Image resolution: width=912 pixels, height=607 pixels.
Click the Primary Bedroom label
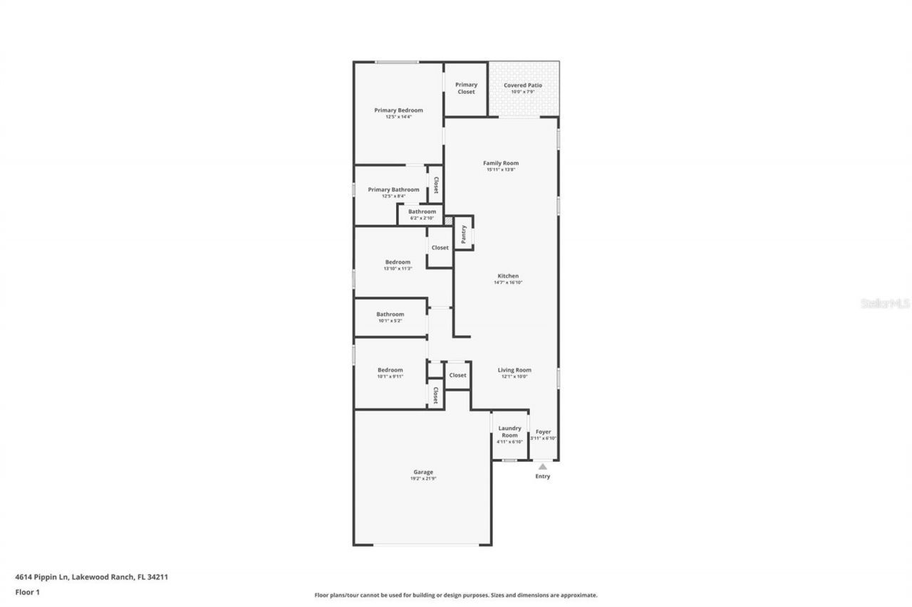point(398,110)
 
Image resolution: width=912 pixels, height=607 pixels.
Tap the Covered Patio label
point(523,85)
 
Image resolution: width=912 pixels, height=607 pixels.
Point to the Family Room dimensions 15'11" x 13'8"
point(501,170)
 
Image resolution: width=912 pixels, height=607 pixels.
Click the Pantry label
point(464,234)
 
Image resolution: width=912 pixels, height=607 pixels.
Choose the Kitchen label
point(508,275)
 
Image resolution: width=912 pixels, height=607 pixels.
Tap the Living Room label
point(514,370)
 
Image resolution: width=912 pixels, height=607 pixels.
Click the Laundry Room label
point(509,432)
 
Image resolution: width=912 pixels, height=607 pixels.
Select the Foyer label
point(543,432)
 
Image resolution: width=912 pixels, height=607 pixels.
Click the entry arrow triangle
point(543,466)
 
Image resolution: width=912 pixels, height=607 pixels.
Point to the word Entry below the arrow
point(543,477)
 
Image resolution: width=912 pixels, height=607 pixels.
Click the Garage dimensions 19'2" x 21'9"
point(423,479)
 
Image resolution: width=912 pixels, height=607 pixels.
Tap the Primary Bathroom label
point(393,189)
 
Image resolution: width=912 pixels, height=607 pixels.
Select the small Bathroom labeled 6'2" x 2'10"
point(422,214)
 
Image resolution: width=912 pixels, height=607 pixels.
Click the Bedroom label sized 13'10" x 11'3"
point(398,262)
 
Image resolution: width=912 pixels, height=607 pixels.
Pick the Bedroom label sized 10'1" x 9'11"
point(390,370)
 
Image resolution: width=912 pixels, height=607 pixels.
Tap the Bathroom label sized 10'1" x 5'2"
point(390,315)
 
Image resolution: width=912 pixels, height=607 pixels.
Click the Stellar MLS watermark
point(885,303)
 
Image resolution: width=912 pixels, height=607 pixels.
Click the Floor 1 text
point(27,591)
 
